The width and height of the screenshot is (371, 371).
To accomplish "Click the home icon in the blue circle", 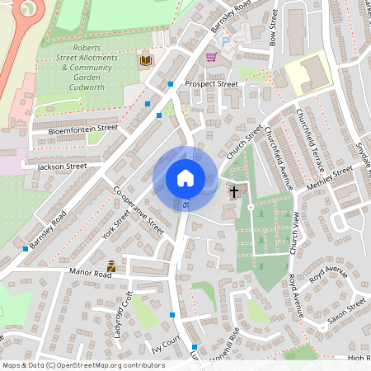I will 185,178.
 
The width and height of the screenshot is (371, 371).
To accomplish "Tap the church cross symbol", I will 234,192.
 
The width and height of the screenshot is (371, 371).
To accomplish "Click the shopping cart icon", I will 211,57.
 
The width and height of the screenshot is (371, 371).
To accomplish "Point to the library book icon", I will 145,60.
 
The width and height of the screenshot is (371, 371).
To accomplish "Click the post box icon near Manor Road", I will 111,266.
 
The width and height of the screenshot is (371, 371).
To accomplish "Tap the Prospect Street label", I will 211,84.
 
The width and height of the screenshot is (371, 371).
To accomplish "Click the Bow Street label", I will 275,28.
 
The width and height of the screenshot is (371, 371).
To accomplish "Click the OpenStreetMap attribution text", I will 83,365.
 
